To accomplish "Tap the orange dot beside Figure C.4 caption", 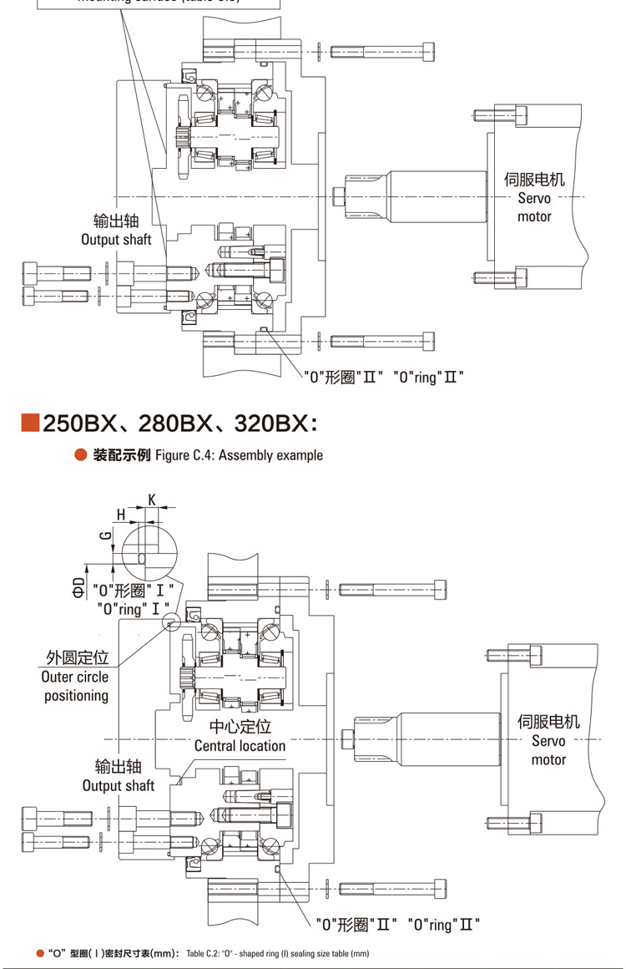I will coord(80,455).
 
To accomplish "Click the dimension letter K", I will coord(152,499).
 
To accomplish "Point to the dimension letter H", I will coord(121,515).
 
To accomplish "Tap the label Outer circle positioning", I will coord(75,686).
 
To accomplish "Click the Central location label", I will coord(240,745).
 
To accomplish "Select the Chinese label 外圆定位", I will coord(78,658).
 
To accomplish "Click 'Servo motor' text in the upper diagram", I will coord(534,207).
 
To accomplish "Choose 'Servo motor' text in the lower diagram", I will coord(548,750).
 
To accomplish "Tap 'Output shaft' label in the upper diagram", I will coord(116,240).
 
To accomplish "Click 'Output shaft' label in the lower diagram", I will coord(119,785).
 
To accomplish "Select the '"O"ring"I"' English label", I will coord(134,608).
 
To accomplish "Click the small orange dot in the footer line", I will coord(40,953).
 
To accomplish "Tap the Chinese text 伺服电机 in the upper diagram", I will coord(534,180).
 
